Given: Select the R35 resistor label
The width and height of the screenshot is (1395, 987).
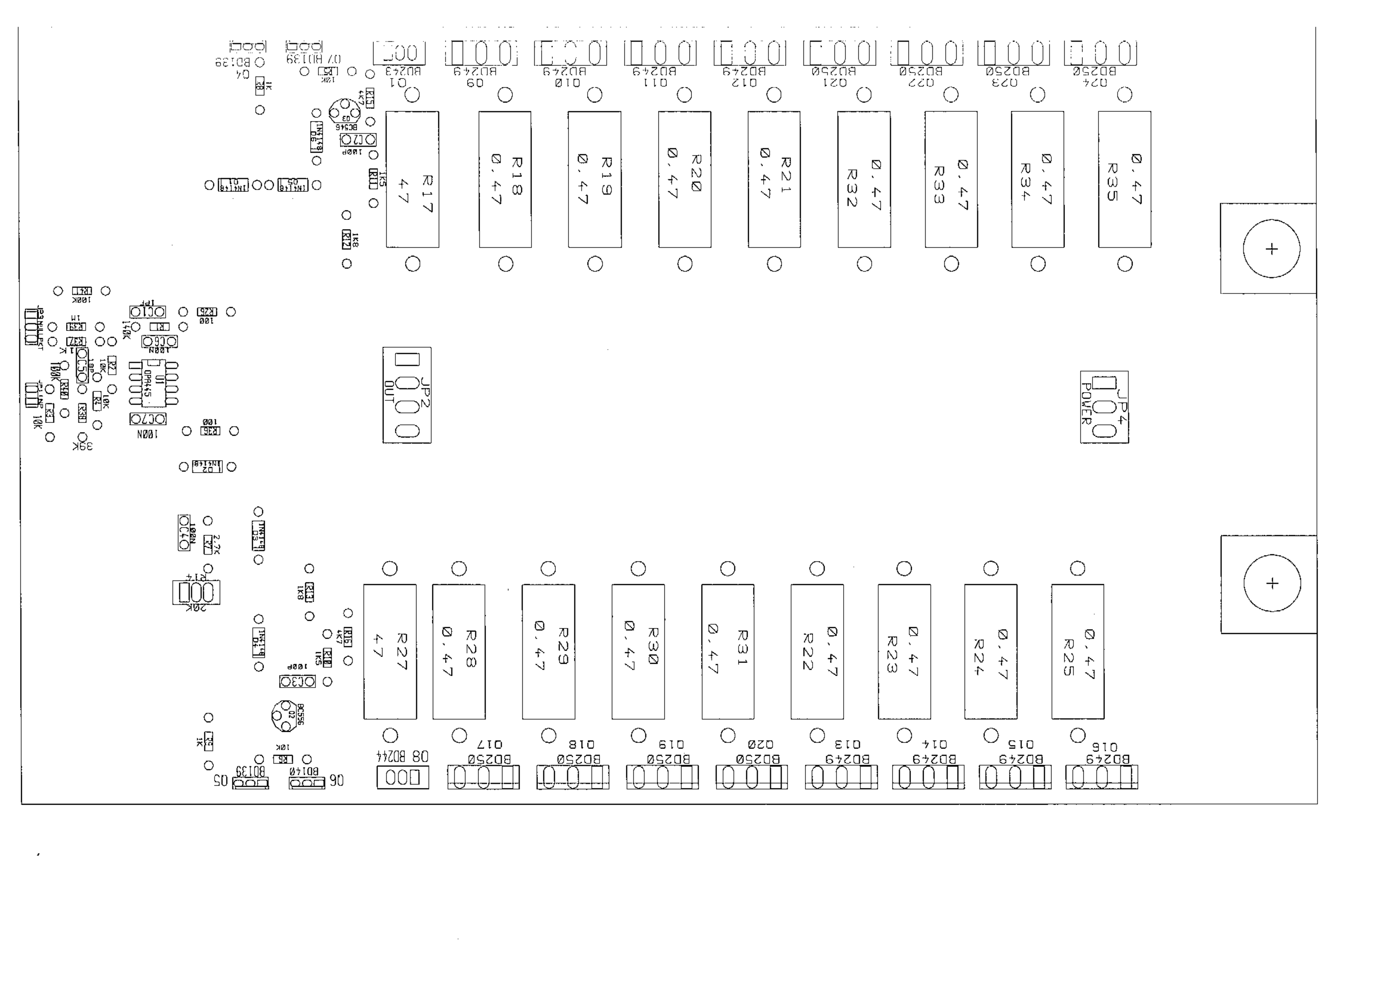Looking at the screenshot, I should (1112, 181).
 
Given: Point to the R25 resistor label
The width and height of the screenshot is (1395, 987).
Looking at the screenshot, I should (1069, 658).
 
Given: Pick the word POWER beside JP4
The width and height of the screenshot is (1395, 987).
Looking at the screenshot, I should (1086, 404).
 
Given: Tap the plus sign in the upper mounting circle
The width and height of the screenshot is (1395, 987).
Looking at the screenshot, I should (1271, 248).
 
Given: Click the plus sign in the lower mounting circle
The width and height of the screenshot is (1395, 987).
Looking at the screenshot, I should (1272, 583).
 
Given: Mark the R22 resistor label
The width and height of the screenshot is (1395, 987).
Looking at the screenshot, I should (807, 651).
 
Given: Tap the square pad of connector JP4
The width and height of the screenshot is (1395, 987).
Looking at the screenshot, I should (1104, 383).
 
